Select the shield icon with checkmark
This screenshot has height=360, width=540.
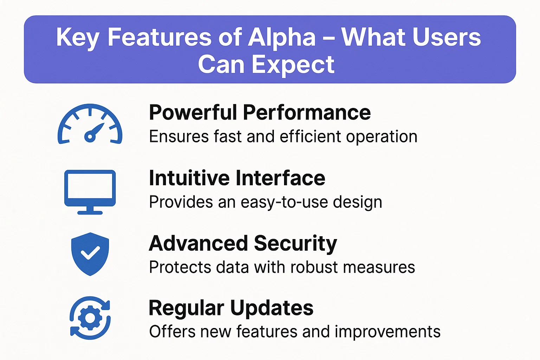(90, 254)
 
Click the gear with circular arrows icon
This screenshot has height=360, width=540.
(90, 318)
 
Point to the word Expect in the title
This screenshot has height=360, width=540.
(293, 65)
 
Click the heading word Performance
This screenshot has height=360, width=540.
(307, 112)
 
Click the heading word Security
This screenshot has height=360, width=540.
(296, 244)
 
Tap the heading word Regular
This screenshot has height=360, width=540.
(187, 309)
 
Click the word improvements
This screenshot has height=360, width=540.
(388, 332)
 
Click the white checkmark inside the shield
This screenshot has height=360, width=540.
(90, 253)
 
